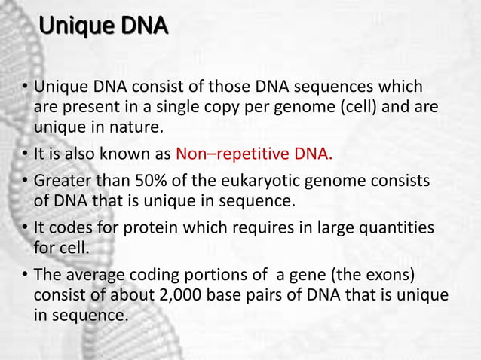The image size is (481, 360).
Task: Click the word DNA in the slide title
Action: click(x=141, y=29)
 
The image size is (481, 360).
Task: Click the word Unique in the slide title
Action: click(x=74, y=29)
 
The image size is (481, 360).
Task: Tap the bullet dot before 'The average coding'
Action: click(x=25, y=273)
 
